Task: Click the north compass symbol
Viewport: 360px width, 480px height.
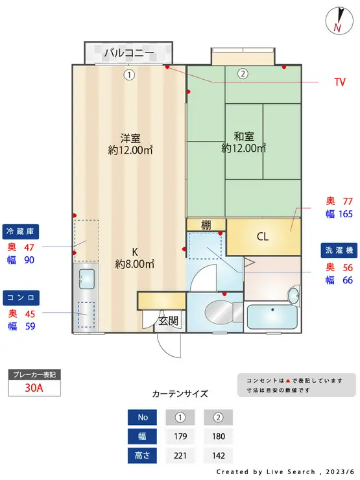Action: (x=337, y=20)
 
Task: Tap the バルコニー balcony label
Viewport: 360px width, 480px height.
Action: (x=128, y=53)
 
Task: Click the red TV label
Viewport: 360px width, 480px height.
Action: (x=339, y=82)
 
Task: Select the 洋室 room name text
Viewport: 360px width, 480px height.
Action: (x=130, y=138)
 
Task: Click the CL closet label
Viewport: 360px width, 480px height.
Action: (x=262, y=237)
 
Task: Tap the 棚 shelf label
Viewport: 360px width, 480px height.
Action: (x=206, y=225)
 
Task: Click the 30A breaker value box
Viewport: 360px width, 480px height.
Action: (x=34, y=388)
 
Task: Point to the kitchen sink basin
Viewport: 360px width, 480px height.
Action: (x=85, y=280)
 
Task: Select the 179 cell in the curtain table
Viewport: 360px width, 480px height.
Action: (x=180, y=436)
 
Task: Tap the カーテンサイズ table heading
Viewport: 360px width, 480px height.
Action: (x=180, y=393)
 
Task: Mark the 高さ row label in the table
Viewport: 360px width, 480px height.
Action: (x=142, y=455)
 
